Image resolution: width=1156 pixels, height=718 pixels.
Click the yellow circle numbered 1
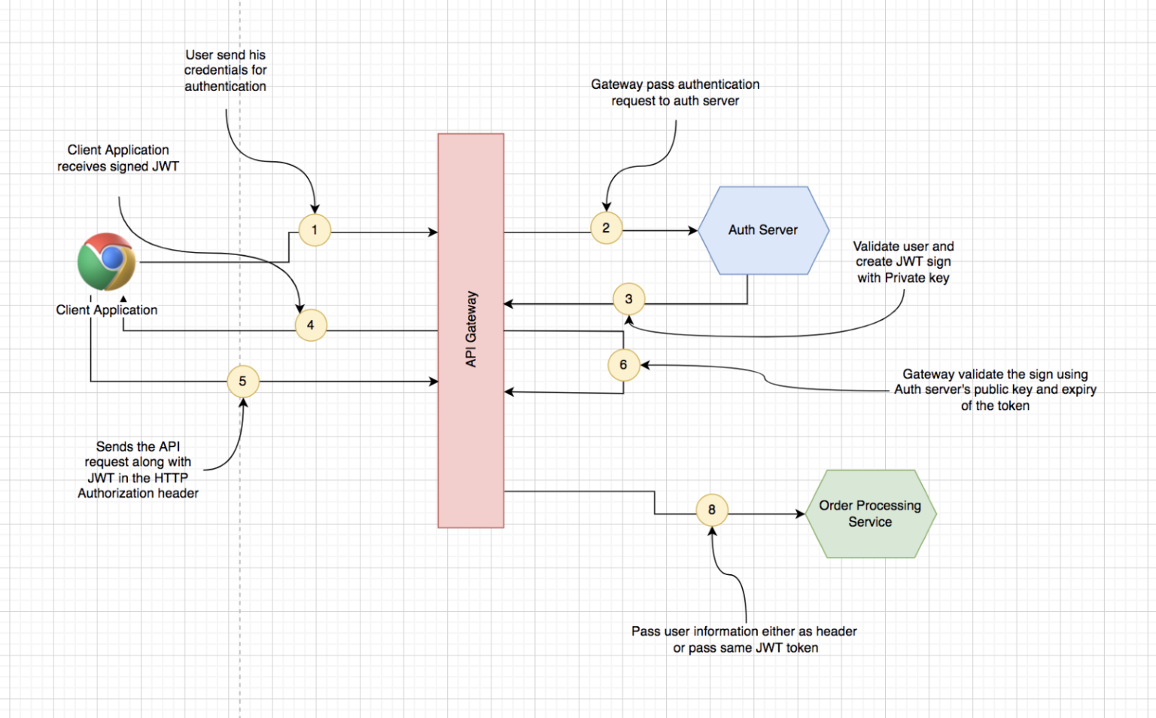[315, 230]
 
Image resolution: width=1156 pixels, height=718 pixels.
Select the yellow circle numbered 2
[606, 228]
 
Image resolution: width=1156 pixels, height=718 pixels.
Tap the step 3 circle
[628, 300]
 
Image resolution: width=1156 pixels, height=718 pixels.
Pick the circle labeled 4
[310, 325]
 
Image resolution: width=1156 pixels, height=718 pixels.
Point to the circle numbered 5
[242, 382]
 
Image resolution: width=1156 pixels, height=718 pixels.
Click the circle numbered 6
[623, 365]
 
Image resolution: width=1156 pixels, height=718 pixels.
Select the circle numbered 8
[711, 510]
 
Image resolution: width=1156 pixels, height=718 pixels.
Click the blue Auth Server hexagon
[763, 230]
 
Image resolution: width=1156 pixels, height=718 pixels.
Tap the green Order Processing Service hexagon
[870, 514]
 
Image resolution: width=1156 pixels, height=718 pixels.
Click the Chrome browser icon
[107, 262]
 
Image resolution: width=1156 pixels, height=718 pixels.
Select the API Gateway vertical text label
[471, 330]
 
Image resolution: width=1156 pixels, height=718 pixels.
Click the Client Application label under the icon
[107, 310]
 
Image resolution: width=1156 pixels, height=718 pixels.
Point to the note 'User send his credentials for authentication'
[225, 71]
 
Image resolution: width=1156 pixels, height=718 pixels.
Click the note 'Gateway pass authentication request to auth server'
[675, 93]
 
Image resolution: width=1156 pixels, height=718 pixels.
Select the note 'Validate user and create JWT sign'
[903, 262]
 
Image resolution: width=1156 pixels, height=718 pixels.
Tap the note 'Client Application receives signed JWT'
[118, 158]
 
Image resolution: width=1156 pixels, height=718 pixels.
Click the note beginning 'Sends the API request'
[138, 470]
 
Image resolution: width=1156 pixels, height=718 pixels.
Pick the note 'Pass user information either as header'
[744, 639]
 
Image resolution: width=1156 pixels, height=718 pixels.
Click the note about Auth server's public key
[995, 390]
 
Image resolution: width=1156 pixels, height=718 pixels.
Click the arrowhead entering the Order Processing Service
[801, 514]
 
